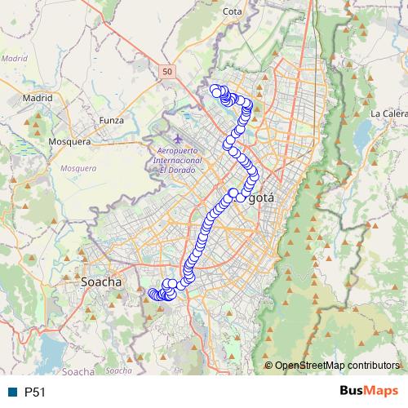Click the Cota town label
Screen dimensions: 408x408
click(233, 11)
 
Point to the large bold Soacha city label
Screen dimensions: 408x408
click(102, 282)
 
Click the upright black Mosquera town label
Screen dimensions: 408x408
click(69, 141)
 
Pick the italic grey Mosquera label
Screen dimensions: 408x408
click(78, 168)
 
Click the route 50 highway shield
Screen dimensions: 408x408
click(166, 72)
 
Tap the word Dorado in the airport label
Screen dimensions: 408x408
click(175, 170)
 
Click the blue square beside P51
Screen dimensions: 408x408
click(12, 392)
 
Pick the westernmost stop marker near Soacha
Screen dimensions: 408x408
click(151, 293)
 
